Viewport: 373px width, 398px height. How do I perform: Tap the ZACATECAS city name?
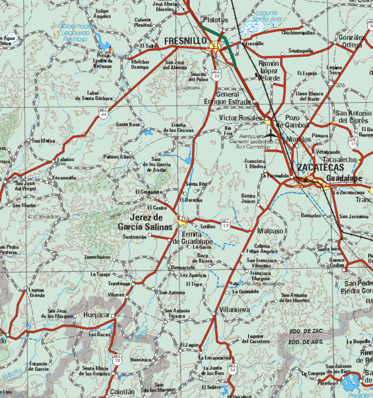[x=320, y=168]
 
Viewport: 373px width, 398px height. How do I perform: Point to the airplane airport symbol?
[x=272, y=135]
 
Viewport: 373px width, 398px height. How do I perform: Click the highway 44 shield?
[x=104, y=115]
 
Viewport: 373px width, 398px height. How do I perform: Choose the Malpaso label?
[x=270, y=231]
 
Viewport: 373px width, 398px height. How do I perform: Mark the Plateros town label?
[x=215, y=20]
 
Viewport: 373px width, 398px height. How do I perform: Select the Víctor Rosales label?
[x=241, y=118]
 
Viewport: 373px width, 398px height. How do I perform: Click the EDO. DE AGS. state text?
[x=306, y=342]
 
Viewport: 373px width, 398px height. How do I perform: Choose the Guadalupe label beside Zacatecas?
[x=344, y=179]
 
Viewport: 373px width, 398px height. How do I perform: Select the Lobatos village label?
[x=66, y=160]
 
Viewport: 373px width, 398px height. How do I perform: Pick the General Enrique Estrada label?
[x=228, y=98]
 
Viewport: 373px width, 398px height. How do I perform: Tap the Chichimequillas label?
[x=298, y=33]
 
